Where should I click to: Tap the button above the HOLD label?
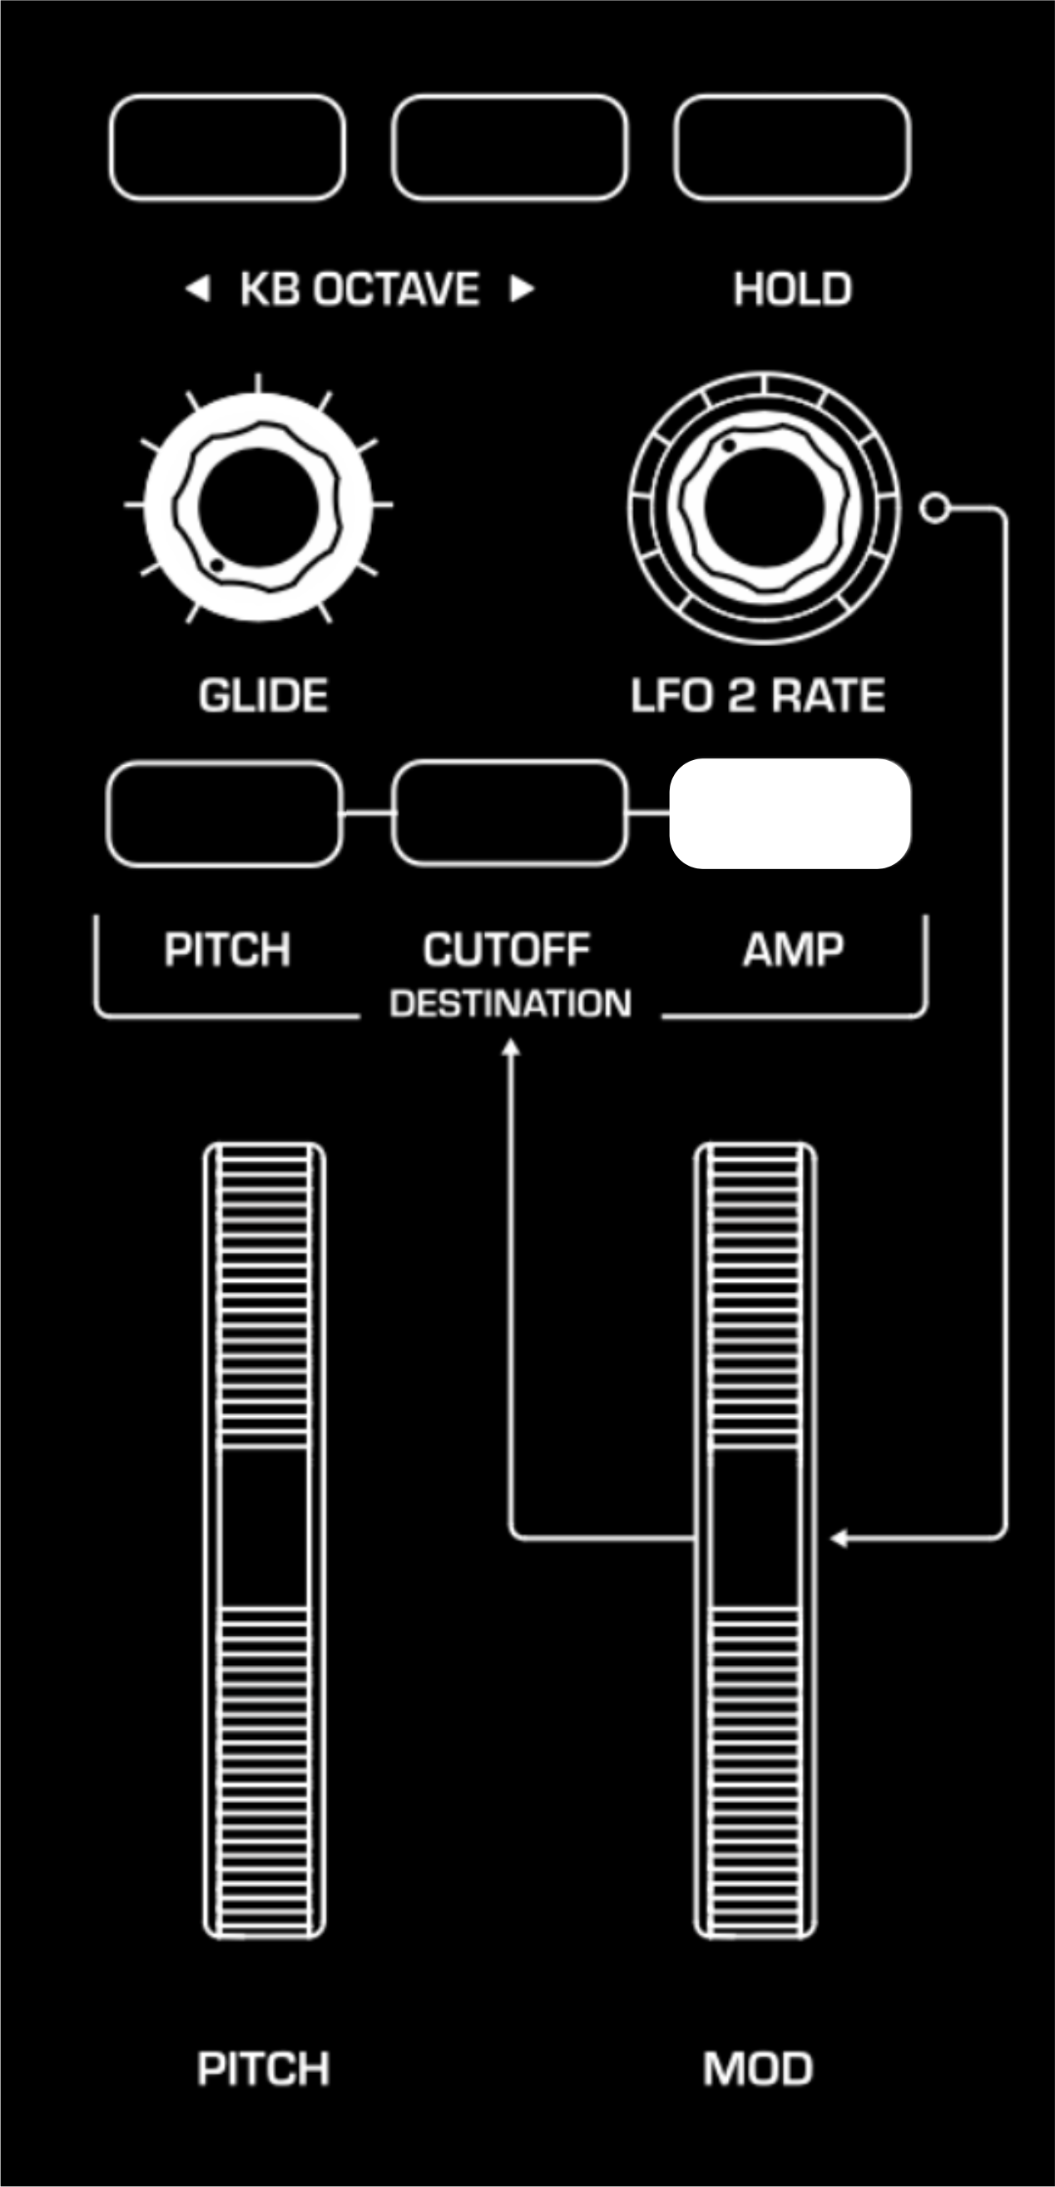click(792, 147)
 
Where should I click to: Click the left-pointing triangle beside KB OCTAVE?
click(198, 290)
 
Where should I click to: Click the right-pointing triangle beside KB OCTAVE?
click(521, 290)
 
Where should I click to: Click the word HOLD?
click(792, 290)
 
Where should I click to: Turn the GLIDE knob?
click(258, 506)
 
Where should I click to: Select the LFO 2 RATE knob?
click(763, 507)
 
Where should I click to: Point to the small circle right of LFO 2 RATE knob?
click(934, 509)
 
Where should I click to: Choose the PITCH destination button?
click(225, 813)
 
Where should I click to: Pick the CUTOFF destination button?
click(509, 813)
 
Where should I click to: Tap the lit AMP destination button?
click(790, 813)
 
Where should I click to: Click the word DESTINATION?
click(510, 1004)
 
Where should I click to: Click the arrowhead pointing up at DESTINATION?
click(510, 1049)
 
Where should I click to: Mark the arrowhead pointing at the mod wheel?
click(839, 1538)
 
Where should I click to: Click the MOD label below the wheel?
click(758, 2068)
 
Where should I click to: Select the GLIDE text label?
click(263, 696)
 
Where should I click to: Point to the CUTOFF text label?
click(506, 949)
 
